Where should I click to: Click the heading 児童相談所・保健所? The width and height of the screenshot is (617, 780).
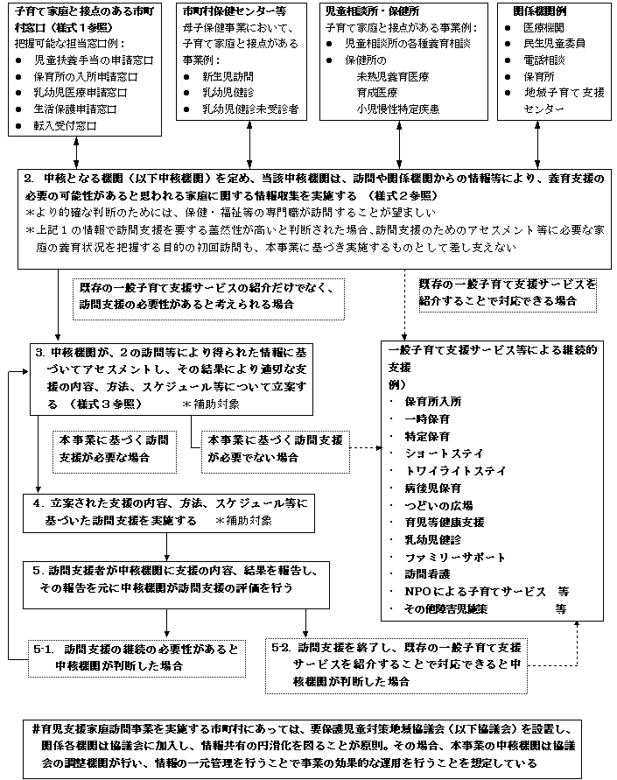(366, 12)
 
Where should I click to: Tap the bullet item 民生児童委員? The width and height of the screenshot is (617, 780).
(550, 44)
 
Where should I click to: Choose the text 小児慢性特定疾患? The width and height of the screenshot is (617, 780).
(397, 109)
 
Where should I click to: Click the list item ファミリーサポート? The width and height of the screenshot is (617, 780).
(455, 557)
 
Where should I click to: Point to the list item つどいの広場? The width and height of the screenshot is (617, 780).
(438, 505)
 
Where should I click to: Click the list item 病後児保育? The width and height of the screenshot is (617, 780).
(432, 488)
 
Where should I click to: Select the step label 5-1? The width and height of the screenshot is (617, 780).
(44, 649)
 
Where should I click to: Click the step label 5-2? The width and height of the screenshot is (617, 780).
(281, 649)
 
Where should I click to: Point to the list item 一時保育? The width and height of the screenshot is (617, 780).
(426, 418)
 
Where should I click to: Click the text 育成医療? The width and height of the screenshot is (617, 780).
(380, 93)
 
